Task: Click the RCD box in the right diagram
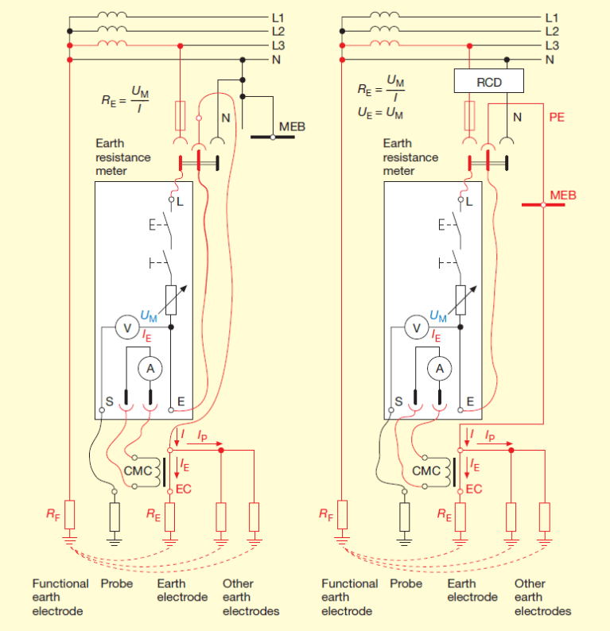tap(488, 81)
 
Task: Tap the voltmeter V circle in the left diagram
tap(124, 327)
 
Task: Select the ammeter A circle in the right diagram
tap(437, 368)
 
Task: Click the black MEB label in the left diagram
tap(292, 127)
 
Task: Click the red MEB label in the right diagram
tap(562, 195)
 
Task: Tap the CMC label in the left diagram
tap(138, 470)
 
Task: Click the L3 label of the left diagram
tap(278, 45)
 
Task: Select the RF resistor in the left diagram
tap(70, 515)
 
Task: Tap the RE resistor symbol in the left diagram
tap(169, 516)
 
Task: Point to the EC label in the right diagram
tap(474, 489)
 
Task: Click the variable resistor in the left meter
tap(170, 298)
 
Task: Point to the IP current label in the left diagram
tap(203, 436)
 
